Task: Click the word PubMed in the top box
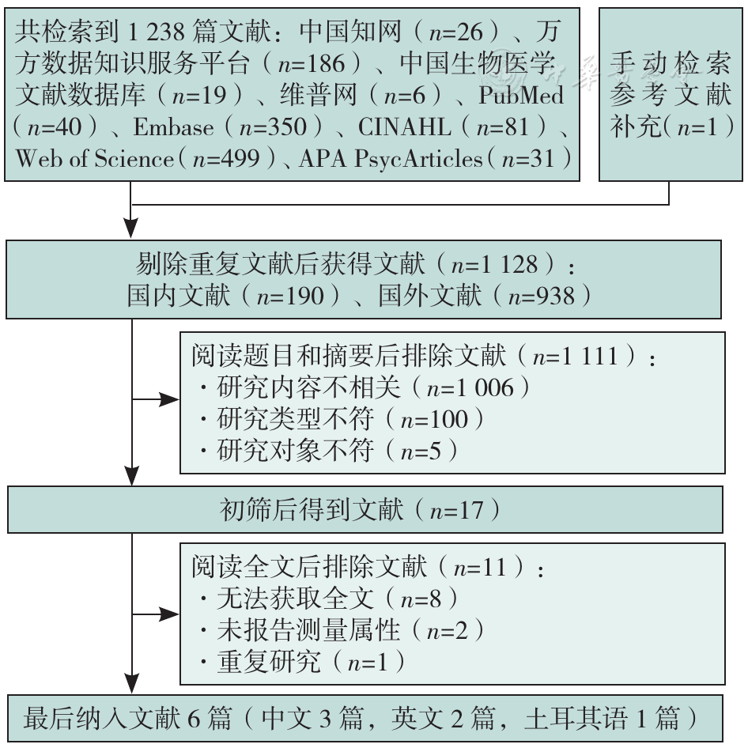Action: pyautogui.click(x=521, y=95)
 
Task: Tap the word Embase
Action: pyautogui.click(x=174, y=127)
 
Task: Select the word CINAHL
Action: pyautogui.click(x=405, y=127)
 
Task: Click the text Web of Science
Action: pyautogui.click(x=94, y=158)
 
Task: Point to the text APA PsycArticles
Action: pyautogui.click(x=391, y=159)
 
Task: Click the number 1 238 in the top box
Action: pyautogui.click(x=156, y=32)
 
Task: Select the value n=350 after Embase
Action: pyautogui.click(x=273, y=127)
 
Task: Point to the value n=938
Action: pyautogui.click(x=542, y=297)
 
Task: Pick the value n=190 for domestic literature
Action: pyautogui.click(x=290, y=297)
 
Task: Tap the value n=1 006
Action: pyautogui.click(x=470, y=387)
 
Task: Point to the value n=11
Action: pyautogui.click(x=480, y=568)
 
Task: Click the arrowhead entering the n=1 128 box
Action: pyautogui.click(x=130, y=228)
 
